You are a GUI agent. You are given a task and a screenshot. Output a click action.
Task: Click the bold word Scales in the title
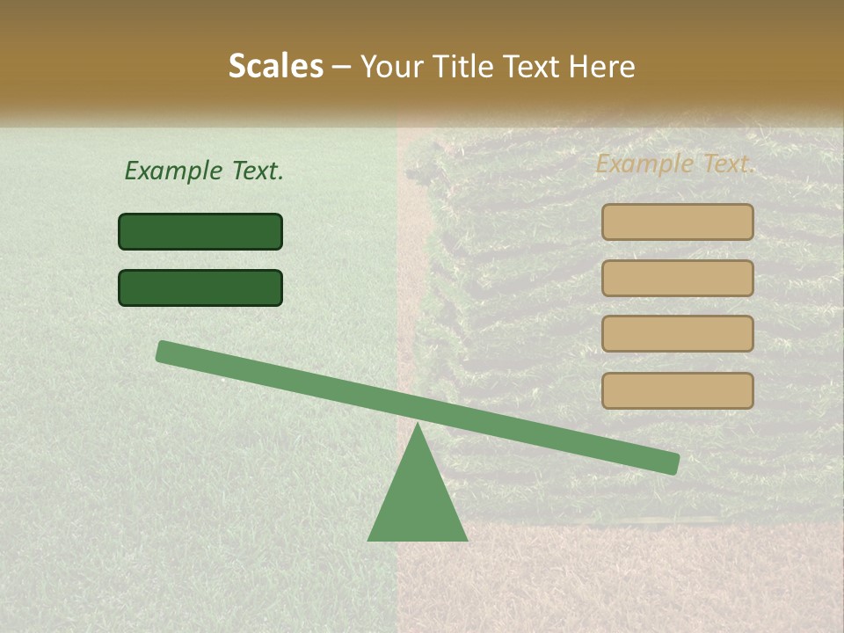[x=275, y=66]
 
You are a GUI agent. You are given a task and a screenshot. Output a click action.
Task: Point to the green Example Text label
[x=204, y=171]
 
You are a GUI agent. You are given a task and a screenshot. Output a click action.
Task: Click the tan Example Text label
[x=675, y=164]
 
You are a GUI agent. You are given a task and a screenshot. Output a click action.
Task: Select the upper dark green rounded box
[x=200, y=231]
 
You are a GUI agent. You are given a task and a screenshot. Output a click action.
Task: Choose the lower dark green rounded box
[x=200, y=287]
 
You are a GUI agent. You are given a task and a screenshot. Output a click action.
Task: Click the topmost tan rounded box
[x=677, y=222]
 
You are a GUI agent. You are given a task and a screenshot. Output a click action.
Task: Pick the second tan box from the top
[x=677, y=278]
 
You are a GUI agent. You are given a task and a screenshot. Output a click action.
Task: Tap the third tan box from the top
[x=677, y=334]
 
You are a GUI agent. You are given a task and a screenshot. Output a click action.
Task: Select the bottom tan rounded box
[x=677, y=390]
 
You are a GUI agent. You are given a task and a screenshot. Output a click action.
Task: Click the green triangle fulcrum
[x=418, y=501]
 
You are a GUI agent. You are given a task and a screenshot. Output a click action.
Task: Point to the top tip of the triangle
[x=418, y=426]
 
